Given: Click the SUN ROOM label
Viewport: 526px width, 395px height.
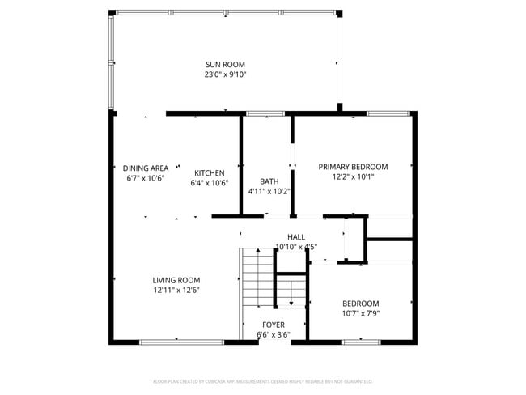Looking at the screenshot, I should pos(225,65).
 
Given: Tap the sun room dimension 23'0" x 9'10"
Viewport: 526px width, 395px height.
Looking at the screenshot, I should pos(225,74).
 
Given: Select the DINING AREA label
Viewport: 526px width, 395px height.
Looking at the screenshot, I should pos(146,168).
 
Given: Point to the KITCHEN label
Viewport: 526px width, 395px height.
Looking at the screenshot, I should pos(210,173).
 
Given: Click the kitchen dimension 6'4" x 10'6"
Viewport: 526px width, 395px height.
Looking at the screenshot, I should pos(210,183).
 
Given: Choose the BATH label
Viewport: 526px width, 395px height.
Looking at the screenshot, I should pos(269,181).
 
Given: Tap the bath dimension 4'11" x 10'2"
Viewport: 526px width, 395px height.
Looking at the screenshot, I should pos(269,192).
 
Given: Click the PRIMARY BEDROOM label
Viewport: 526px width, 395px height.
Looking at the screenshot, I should pos(353,166).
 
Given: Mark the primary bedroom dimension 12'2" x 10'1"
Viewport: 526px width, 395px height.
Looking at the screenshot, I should pos(353,176).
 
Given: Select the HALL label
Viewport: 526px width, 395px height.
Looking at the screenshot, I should pos(296,236).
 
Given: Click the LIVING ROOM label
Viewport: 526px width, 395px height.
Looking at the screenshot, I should pos(176,280).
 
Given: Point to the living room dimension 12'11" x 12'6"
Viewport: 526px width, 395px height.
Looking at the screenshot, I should pos(176,290).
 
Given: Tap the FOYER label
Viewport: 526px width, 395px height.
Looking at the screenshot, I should pos(273,324).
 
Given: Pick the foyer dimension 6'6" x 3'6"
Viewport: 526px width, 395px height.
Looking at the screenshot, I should pos(273,334).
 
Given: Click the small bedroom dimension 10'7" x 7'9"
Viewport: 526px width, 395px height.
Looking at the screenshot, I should pos(360,313).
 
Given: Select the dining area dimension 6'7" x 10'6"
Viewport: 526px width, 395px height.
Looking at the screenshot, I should pos(146,179).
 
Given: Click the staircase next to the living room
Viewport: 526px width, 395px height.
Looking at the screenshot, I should pos(258,283).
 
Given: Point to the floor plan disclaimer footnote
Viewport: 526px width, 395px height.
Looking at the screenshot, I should pos(262,380).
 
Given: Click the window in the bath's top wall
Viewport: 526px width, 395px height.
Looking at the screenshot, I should pos(259,113).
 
